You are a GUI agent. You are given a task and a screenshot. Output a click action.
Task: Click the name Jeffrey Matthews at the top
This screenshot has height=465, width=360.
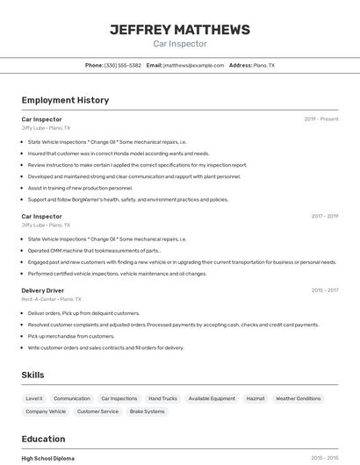[180, 29]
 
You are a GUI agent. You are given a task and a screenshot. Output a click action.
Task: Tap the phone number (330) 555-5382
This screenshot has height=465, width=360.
[122, 65]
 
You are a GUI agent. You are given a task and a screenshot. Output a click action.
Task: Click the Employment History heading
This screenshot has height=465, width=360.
[65, 100]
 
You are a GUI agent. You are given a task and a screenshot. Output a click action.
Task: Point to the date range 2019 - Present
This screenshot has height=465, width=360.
[321, 119]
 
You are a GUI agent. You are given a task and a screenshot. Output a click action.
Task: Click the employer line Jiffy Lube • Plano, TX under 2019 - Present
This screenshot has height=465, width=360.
[46, 128]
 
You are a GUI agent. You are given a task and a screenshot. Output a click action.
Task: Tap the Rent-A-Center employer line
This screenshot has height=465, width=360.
[52, 299]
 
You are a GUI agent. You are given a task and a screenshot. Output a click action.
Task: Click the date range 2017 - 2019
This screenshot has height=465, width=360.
[324, 216]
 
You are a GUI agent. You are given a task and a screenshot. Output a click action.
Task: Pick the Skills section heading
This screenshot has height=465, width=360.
[32, 376]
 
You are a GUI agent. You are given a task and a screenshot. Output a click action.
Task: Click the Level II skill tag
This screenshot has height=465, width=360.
[34, 398]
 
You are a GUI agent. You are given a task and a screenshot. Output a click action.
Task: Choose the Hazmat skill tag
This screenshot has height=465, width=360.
[256, 398]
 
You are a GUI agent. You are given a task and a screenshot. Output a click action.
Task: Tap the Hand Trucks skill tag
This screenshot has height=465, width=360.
[162, 398]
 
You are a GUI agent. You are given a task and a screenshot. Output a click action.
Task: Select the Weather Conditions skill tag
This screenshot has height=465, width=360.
[299, 398]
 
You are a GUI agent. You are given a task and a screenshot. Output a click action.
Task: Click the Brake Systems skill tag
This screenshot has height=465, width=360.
[148, 411]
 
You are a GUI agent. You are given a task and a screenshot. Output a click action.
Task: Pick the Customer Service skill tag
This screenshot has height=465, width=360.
[97, 411]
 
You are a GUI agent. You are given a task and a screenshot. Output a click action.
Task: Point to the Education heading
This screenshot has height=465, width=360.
[43, 439]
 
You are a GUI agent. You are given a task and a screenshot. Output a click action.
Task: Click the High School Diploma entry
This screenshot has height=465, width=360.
[48, 458]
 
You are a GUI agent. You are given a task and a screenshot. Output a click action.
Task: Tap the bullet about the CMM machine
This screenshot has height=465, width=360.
[94, 250]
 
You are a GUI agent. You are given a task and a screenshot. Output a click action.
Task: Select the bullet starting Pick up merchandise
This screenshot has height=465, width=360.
[71, 336]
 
